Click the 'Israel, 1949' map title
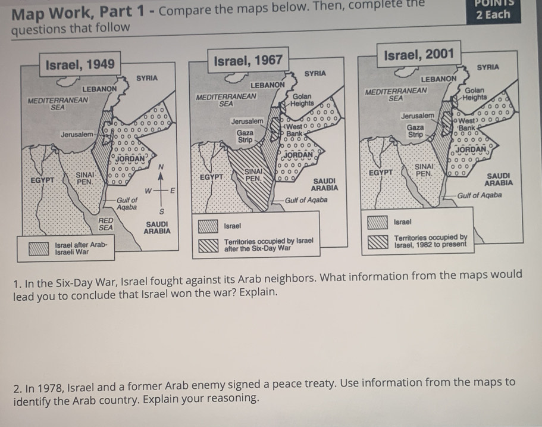click(80, 64)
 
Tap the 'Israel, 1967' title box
click(248, 60)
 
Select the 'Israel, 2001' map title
click(419, 54)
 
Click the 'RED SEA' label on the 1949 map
click(105, 224)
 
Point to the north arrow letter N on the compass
click(161, 167)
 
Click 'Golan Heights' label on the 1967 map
click(302, 99)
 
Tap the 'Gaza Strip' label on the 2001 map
click(415, 131)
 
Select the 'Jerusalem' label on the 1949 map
click(77, 134)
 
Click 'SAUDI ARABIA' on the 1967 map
click(324, 185)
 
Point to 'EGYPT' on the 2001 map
click(381, 172)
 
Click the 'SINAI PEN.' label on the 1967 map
click(253, 175)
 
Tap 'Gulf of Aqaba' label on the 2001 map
click(479, 195)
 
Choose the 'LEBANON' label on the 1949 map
click(99, 89)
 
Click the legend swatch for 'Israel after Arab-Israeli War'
click(39, 248)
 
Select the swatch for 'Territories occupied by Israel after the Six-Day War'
click(208, 245)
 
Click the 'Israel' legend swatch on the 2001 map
click(377, 223)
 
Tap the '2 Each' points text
click(493, 15)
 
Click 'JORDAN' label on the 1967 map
click(298, 154)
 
